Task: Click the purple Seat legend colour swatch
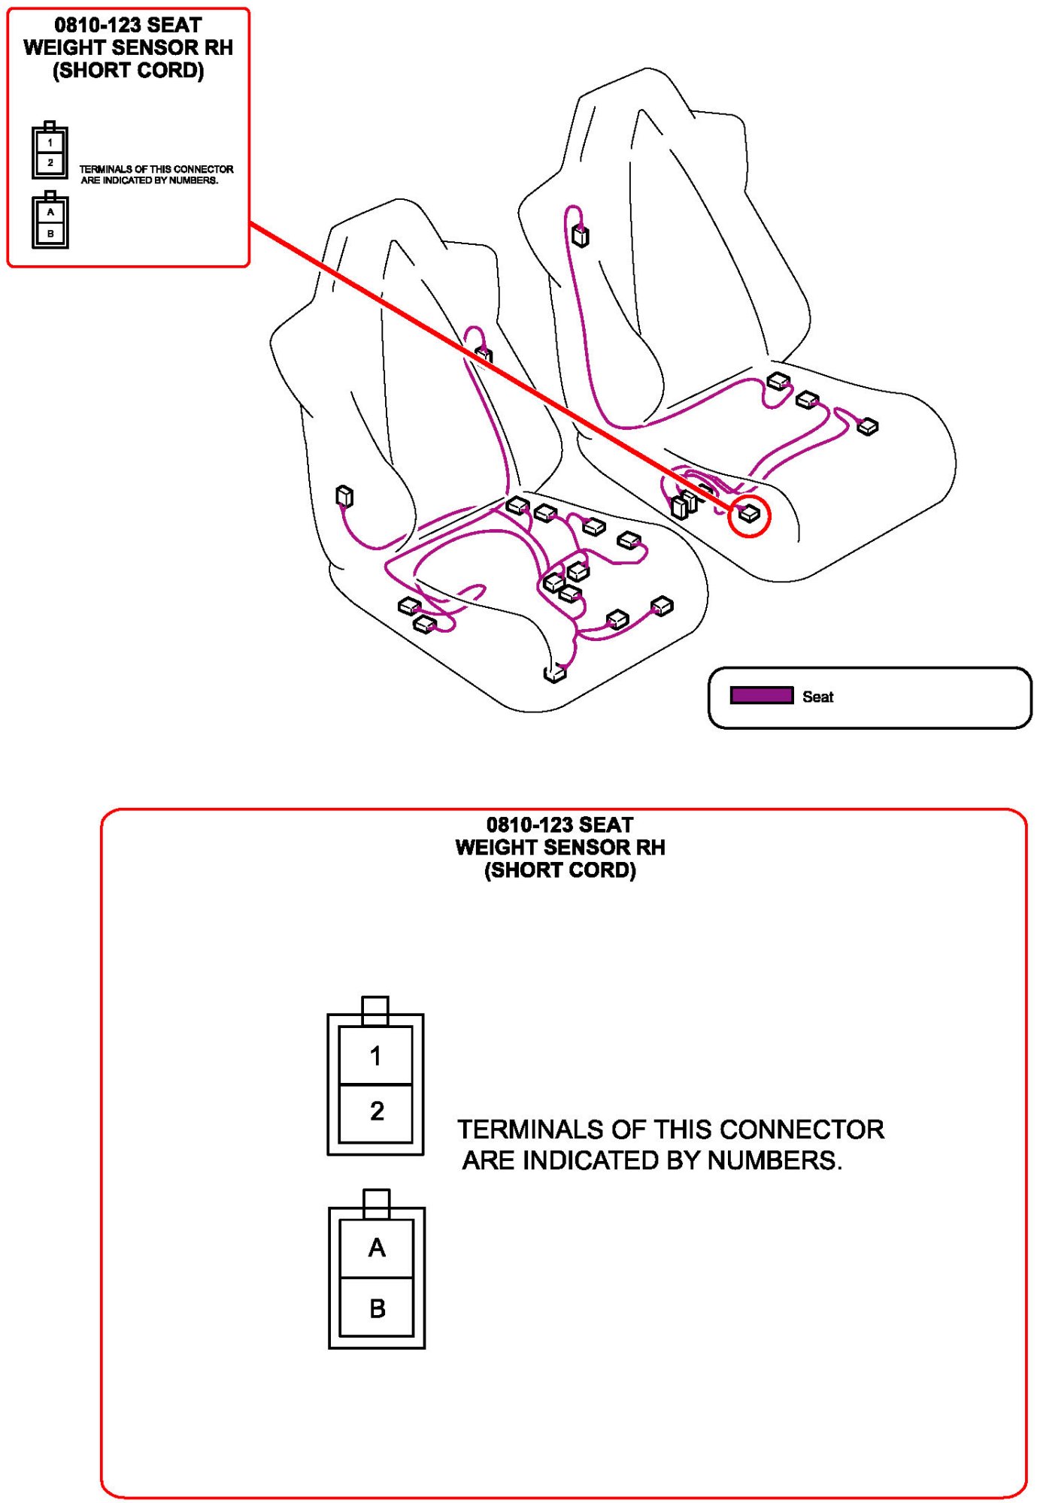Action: (761, 695)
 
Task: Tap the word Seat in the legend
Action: (817, 697)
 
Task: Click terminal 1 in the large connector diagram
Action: (376, 1055)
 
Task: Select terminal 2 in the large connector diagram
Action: (376, 1112)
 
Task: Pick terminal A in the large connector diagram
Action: (377, 1248)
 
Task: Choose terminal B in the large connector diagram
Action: (377, 1307)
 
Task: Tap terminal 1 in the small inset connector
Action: (50, 141)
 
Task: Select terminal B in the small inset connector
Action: (50, 233)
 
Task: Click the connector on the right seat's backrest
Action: (581, 236)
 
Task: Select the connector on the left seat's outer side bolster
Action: (344, 496)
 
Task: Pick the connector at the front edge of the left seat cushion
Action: (555, 674)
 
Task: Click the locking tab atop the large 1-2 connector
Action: (375, 1011)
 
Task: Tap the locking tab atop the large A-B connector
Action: (377, 1204)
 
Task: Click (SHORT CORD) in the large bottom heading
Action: (560, 870)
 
